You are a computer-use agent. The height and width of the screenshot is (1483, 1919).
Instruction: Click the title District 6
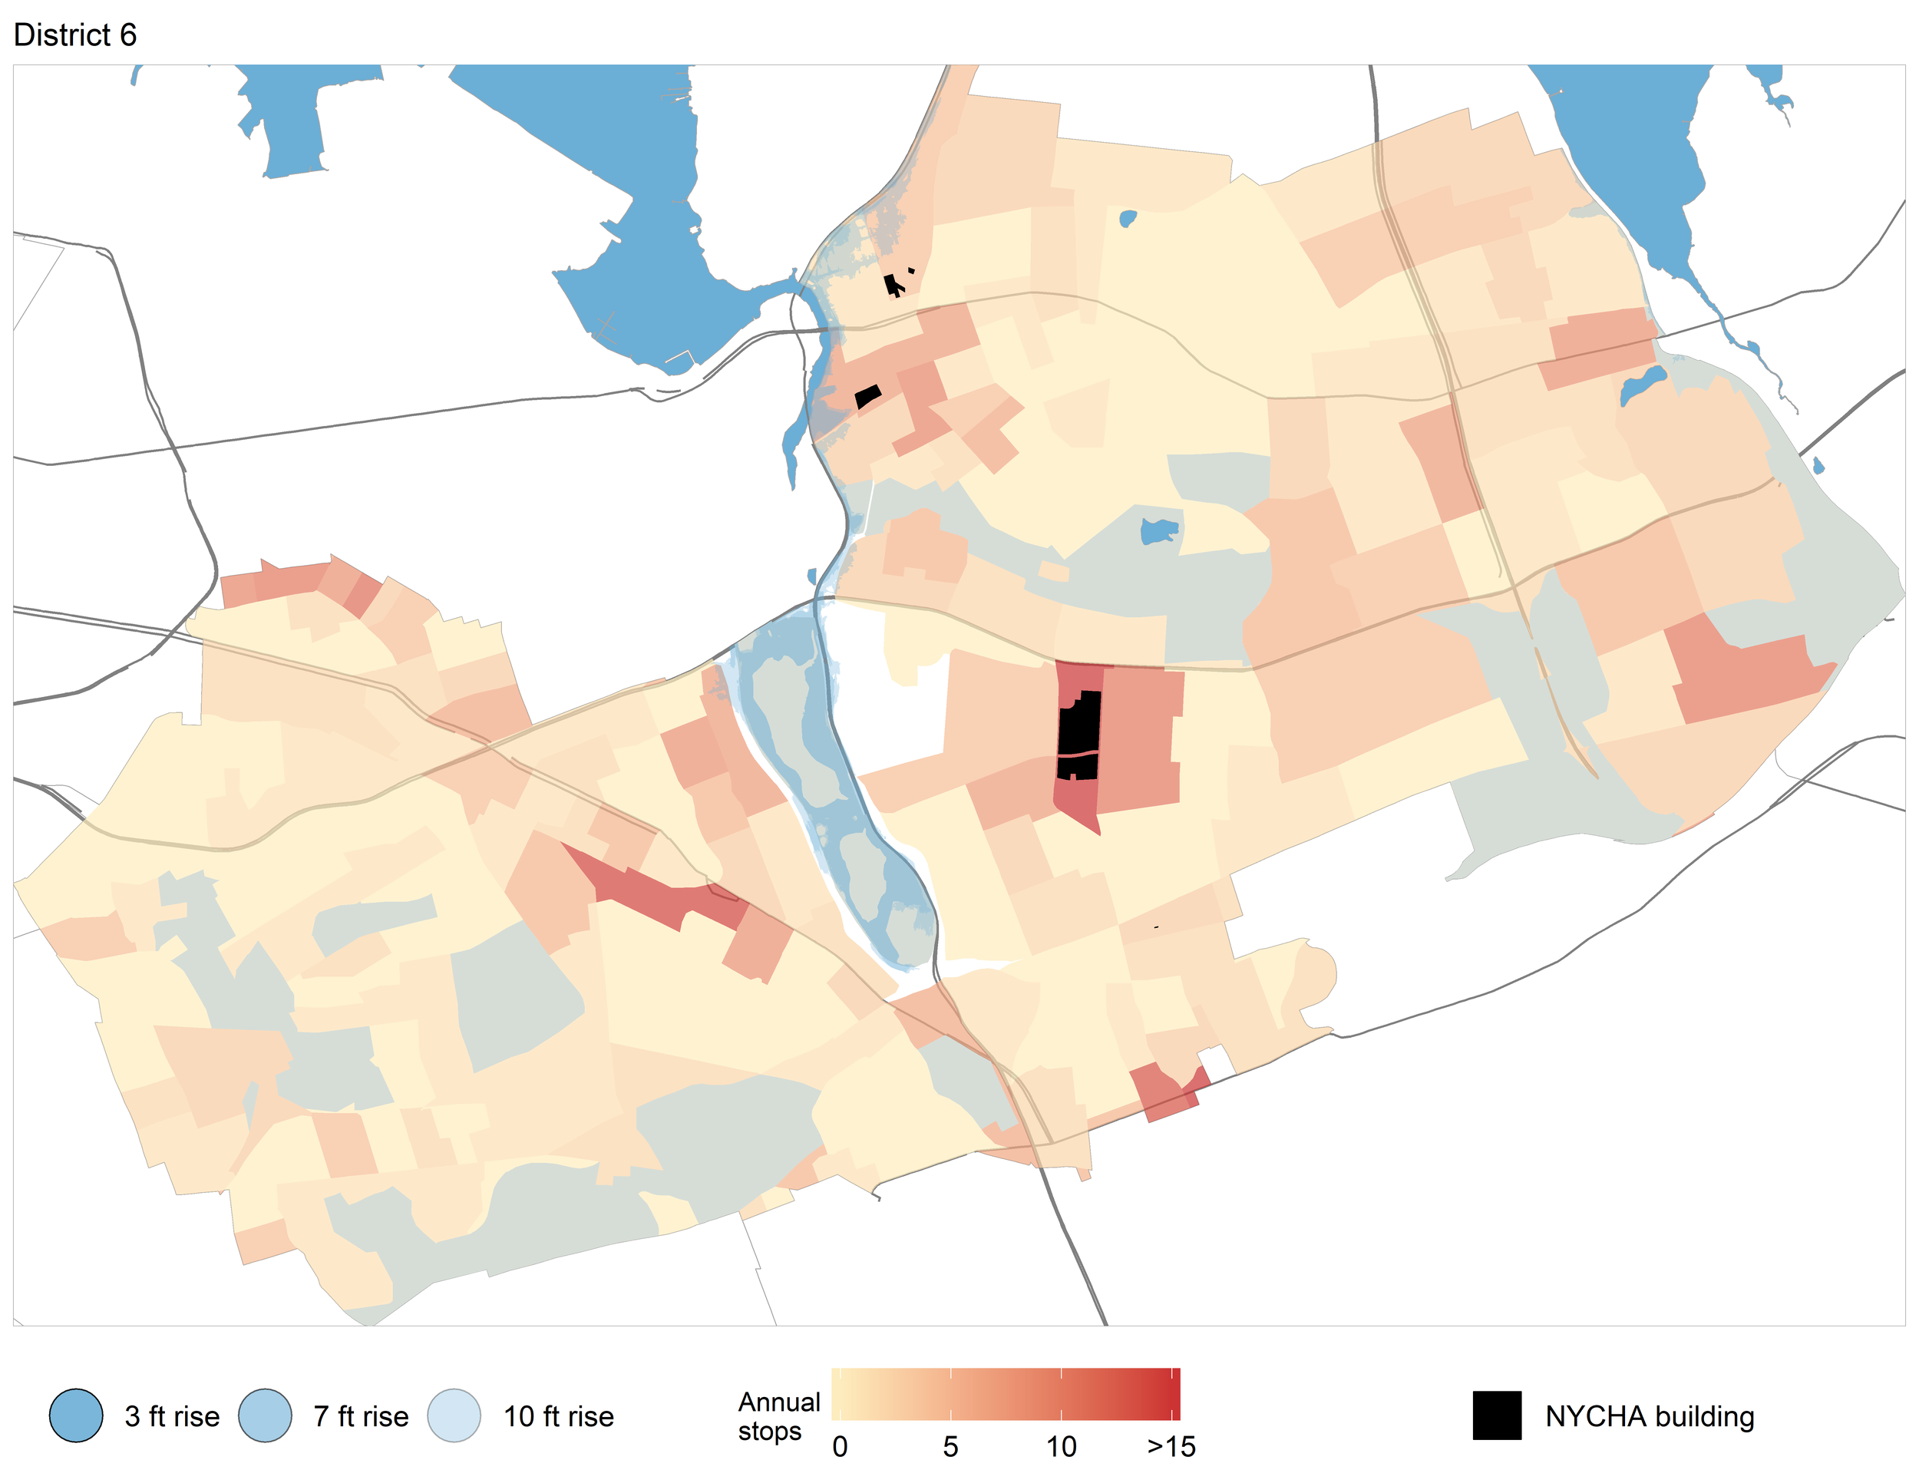coord(74,35)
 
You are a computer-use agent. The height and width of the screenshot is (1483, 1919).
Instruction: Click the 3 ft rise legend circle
coord(77,1415)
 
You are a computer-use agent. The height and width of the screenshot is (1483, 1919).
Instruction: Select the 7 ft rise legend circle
coord(266,1415)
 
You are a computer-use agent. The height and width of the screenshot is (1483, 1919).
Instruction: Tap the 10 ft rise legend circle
coord(454,1415)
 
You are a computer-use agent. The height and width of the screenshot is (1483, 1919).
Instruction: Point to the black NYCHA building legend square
coord(1496,1415)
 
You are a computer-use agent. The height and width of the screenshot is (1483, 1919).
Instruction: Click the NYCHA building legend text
coord(1650,1416)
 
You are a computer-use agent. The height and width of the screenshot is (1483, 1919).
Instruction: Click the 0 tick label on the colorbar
coord(840,1446)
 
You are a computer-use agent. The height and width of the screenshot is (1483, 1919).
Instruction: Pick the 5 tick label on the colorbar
coord(951,1446)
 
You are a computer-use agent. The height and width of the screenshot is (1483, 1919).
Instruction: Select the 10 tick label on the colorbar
coord(1062,1446)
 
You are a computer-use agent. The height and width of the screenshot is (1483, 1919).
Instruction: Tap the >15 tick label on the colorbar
coord(1171,1446)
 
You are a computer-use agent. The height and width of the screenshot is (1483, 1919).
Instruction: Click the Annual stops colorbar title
coord(778,1415)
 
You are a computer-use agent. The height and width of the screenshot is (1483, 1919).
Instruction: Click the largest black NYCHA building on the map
coord(1079,735)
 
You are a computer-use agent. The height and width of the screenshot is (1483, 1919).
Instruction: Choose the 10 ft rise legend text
coord(559,1416)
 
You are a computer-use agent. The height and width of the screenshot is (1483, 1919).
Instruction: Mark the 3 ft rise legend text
coord(172,1416)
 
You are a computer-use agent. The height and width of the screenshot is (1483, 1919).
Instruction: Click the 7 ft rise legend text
coord(361,1416)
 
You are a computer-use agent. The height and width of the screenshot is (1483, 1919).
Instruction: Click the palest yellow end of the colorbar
coord(837,1394)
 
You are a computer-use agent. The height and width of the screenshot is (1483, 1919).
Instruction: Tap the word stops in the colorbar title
coord(770,1431)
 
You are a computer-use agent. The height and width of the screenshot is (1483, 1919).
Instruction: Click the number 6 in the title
coord(128,35)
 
